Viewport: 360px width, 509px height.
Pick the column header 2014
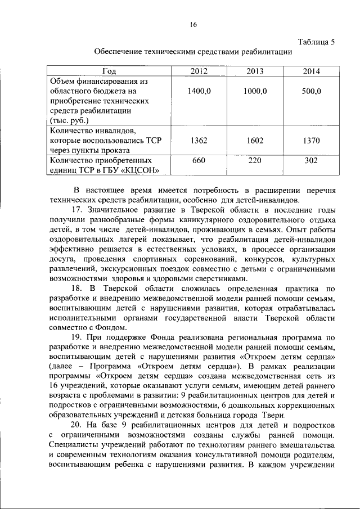(311, 71)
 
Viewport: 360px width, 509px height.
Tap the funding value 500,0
(311, 91)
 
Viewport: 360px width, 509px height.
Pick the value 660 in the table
(199, 160)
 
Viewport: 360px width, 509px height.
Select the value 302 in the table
(311, 160)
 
